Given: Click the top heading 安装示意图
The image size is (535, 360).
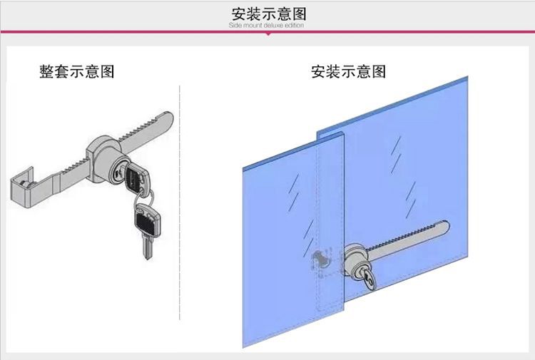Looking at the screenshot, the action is (268, 14).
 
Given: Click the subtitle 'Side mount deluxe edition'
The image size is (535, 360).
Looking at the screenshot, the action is (267, 25).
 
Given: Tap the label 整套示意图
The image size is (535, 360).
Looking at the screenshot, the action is (77, 71).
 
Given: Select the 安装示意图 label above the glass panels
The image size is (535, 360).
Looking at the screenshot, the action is (348, 71).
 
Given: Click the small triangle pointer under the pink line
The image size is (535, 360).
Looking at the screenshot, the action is (268, 34).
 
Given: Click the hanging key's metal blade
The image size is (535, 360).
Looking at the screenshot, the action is (148, 247).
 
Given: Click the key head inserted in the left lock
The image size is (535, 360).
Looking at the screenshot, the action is (137, 178).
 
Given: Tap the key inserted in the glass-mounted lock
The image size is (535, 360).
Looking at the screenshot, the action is (369, 279).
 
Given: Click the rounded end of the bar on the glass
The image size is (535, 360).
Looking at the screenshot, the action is (444, 227).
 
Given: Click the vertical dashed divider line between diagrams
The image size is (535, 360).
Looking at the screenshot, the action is (180, 203).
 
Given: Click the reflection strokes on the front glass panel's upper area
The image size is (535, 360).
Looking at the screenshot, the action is (294, 192).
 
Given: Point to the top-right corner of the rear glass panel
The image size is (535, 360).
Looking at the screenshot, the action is (468, 76).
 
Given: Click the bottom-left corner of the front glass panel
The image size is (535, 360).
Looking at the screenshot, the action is (243, 347).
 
